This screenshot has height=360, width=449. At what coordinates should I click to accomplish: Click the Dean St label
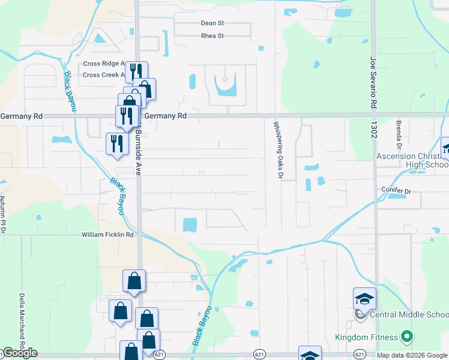(212, 23)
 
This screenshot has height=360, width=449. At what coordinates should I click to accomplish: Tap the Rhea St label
(212, 36)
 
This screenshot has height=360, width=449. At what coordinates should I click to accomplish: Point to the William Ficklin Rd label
(107, 235)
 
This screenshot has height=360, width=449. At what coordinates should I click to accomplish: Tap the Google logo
(19, 353)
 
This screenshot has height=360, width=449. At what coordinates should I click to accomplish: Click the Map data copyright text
(412, 355)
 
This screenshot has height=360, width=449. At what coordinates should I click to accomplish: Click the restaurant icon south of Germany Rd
(116, 143)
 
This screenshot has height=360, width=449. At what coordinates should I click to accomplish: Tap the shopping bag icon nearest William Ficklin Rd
(134, 280)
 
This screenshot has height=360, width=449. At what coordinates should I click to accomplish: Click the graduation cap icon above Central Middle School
(364, 298)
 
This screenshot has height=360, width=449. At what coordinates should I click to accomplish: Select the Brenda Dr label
(399, 134)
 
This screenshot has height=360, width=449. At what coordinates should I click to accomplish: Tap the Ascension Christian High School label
(412, 160)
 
